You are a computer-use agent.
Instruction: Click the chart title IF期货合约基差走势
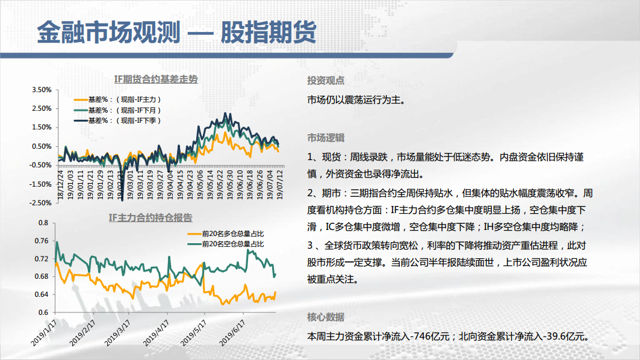point(156,79)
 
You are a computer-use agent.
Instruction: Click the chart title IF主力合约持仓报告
point(150,217)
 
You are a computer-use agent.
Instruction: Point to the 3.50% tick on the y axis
point(42,90)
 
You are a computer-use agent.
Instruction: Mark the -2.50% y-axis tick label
point(40,203)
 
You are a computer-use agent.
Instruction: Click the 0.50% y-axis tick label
point(42,146)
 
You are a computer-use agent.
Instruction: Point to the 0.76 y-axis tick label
point(42,241)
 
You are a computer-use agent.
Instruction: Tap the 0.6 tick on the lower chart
point(43,312)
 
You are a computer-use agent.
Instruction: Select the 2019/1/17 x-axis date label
point(44,333)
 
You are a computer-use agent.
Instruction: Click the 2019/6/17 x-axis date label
point(232,333)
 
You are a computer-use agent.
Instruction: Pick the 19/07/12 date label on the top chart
point(280,184)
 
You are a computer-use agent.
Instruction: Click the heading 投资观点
point(326,81)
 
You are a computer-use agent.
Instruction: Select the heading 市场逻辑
point(326,138)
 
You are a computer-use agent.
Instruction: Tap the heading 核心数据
point(326,317)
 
